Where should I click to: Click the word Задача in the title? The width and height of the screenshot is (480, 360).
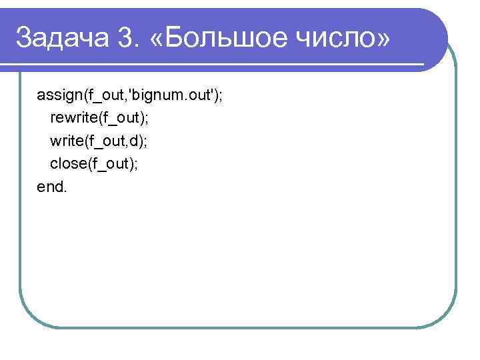[x=58, y=38]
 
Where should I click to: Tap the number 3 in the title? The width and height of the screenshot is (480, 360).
[x=123, y=38]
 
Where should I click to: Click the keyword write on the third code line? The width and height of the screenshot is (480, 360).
[x=66, y=141]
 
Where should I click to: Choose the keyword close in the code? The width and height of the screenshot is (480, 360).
[x=67, y=164]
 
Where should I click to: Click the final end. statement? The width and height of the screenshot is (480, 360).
[x=52, y=187]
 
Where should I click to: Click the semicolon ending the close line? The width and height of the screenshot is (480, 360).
[x=137, y=165]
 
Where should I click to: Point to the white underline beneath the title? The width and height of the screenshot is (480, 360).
[x=220, y=65]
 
